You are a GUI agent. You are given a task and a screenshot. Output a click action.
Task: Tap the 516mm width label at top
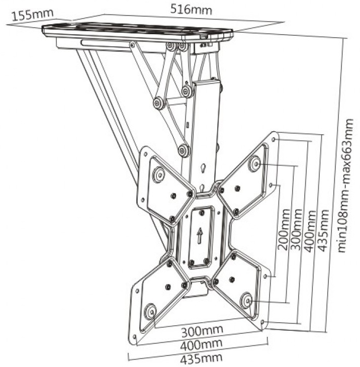coord(191,10)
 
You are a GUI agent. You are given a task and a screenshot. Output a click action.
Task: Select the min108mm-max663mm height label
coord(346,186)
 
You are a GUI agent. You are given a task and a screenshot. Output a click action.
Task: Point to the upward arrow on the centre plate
coord(200,236)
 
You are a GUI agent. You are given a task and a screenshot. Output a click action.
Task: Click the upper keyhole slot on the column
coord(203,168)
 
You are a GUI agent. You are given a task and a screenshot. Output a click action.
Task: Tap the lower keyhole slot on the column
coord(202,188)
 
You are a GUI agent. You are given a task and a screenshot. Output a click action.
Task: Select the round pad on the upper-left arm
coord(159,174)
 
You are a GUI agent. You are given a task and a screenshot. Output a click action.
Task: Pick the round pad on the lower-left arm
coord(150,311)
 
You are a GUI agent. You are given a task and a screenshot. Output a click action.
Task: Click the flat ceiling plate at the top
coord(138,32)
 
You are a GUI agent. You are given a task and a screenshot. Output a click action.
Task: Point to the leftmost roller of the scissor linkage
coord(160,103)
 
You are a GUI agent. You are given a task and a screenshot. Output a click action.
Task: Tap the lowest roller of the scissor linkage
coord(184,151)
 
